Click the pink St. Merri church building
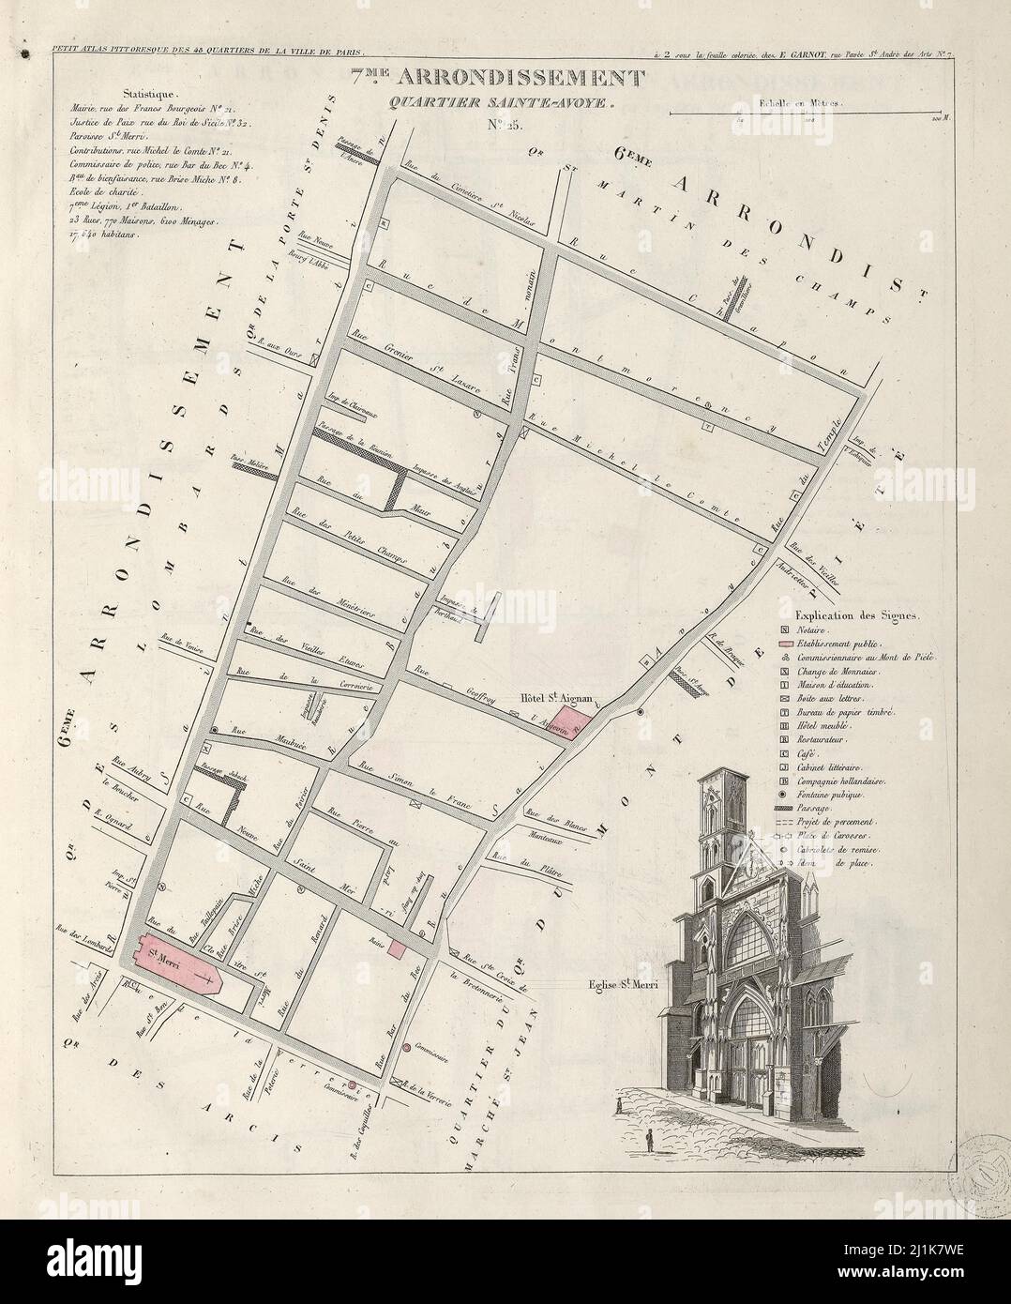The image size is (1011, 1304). point(178,966)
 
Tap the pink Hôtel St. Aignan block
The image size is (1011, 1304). point(566,722)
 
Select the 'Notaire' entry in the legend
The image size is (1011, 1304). point(814,635)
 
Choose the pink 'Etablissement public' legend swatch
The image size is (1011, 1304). point(784,647)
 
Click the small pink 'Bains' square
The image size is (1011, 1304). point(398,949)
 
